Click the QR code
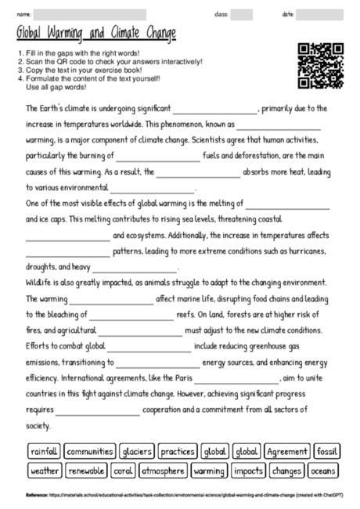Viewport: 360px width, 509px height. pos(322,65)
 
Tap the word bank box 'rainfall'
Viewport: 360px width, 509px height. pos(44,452)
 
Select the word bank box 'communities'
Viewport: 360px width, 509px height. pos(90,452)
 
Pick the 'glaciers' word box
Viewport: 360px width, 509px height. pos(137,452)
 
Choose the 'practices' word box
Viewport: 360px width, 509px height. pos(178,452)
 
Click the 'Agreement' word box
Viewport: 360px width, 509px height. pos(286,452)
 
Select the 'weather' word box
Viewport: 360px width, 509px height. pos(44,471)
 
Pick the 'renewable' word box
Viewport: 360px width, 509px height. pos(86,471)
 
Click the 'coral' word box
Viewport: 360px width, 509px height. pos(122,471)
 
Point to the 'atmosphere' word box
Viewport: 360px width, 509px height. pos(163,471)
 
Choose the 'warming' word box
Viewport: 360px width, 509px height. pos(208,471)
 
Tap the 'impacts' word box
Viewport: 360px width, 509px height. pos(248,471)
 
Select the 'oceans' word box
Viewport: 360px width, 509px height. pos(322,471)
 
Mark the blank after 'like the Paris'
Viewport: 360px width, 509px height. pos(236,380)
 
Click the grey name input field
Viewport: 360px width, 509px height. pos(91,14)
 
